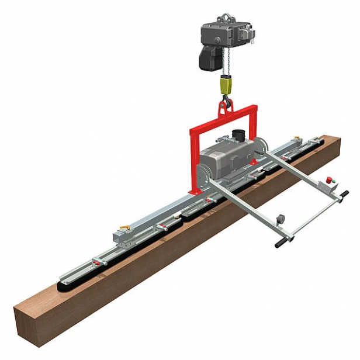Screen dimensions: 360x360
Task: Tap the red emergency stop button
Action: point(330,178)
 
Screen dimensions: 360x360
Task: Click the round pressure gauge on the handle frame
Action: point(280,218)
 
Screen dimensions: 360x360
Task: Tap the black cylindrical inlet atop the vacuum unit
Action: point(237,134)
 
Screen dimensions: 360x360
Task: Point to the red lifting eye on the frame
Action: point(224,107)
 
